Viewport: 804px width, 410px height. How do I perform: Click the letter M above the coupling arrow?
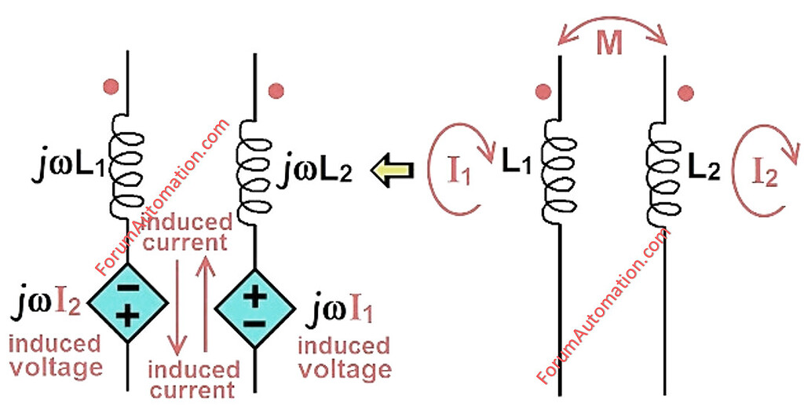coord(609,45)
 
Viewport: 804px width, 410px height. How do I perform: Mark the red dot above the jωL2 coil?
coord(276,91)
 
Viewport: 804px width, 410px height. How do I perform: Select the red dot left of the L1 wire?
coord(542,92)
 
